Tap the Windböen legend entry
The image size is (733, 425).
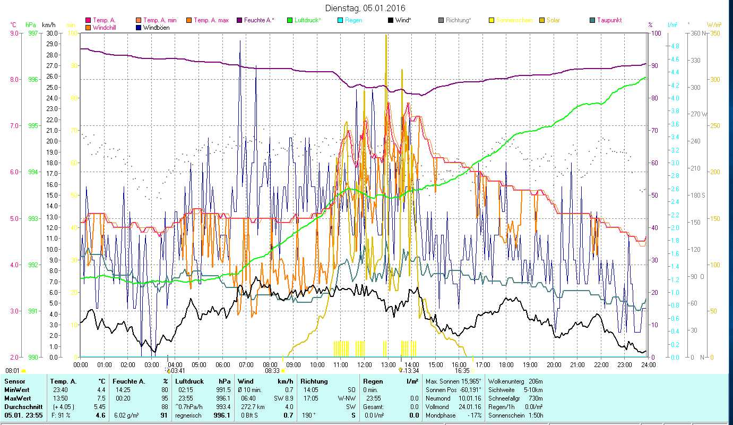click(157, 28)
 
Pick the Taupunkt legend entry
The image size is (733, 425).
click(609, 20)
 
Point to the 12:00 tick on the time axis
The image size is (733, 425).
click(364, 365)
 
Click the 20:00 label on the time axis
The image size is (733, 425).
click(554, 365)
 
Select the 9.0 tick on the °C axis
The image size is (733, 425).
click(13, 33)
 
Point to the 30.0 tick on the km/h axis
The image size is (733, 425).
click(52, 33)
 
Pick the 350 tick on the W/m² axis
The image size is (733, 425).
click(714, 33)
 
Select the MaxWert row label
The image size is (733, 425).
click(18, 398)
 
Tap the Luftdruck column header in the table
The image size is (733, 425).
click(189, 381)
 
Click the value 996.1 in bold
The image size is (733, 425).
click(221, 415)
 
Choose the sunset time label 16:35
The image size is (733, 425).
click(462, 371)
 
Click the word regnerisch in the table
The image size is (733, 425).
click(188, 415)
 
